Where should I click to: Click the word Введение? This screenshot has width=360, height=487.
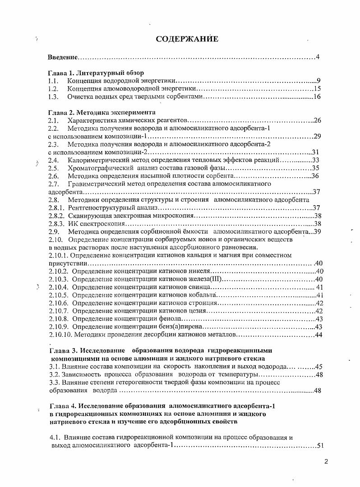[63, 57]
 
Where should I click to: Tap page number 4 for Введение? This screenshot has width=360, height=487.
[318, 57]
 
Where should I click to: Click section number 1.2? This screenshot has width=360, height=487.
[54, 89]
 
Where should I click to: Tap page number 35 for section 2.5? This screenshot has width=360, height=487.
[315, 168]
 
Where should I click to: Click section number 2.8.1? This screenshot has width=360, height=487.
[57, 208]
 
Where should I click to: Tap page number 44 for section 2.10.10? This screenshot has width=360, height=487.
[318, 335]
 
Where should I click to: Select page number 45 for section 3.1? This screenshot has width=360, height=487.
[318, 367]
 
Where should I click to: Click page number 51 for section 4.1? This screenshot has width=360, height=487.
[321, 446]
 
